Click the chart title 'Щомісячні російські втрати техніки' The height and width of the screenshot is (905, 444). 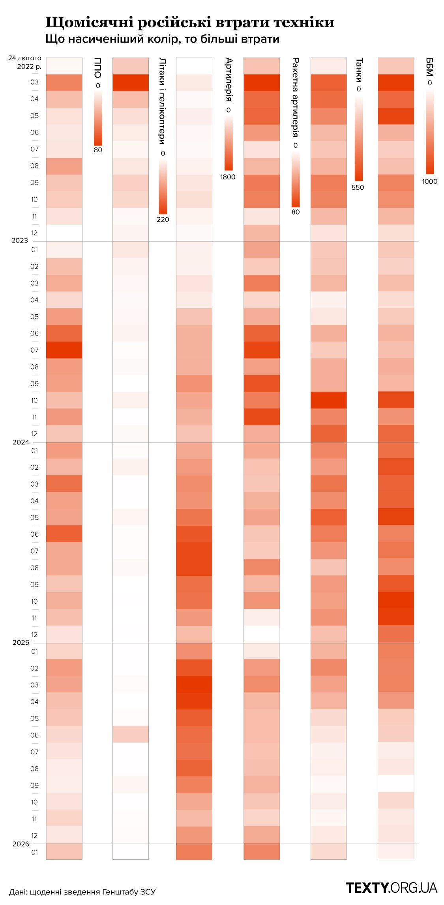(190, 22)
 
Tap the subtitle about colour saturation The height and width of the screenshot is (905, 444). (162, 39)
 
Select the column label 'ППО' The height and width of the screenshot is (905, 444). (98, 68)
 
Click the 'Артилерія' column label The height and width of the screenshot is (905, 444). (229, 80)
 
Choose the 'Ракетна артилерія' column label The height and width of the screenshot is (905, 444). (296, 97)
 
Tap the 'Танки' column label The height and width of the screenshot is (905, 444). (359, 69)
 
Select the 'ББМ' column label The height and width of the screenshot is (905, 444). (430, 67)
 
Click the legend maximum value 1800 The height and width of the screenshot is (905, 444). (228, 177)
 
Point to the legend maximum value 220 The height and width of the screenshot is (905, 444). (163, 220)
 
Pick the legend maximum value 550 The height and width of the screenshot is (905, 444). (358, 187)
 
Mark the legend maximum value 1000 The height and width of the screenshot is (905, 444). (430, 181)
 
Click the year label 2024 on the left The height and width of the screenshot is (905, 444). (21, 442)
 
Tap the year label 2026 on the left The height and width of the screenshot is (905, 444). (21, 844)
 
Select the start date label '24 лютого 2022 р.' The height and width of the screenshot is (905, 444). (25, 62)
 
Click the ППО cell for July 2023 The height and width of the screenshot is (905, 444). (64, 350)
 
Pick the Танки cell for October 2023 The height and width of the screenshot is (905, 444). (329, 400)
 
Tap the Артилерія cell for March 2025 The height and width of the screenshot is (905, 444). (194, 685)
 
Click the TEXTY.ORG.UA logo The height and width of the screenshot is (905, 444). (392, 888)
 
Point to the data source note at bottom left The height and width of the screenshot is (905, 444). (82, 892)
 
